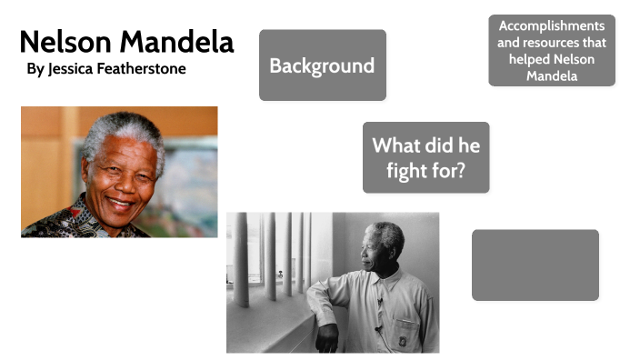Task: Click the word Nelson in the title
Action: click(63, 42)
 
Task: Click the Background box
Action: click(322, 65)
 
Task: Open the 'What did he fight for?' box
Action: click(425, 157)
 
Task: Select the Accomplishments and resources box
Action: click(551, 51)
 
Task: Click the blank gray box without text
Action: click(535, 265)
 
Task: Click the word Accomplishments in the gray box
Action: click(552, 25)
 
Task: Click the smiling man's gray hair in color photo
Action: click(124, 127)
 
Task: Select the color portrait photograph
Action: click(119, 172)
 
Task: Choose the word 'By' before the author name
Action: click(35, 69)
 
